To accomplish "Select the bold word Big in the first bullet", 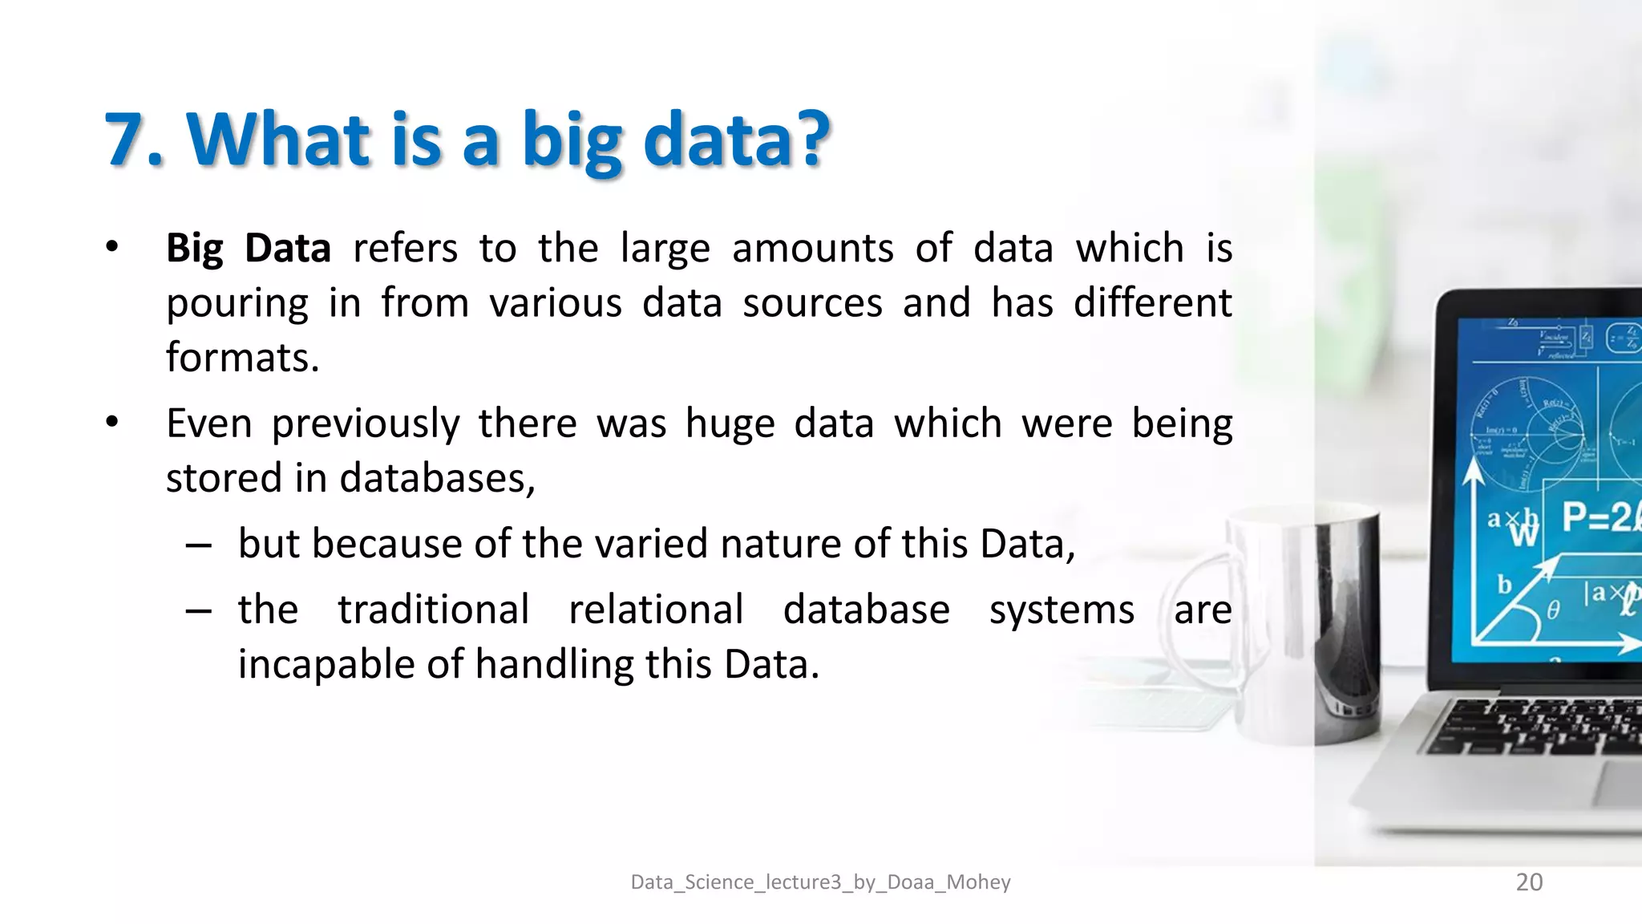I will pyautogui.click(x=194, y=249).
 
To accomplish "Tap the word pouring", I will pyautogui.click(x=237, y=304).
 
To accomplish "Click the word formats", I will pyautogui.click(x=242, y=358).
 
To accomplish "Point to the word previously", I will pyautogui.click(x=366, y=424).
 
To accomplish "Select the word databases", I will pyautogui.click(x=436, y=479).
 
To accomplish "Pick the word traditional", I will pyautogui.click(x=433, y=610).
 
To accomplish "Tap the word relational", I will pyautogui.click(x=656, y=610).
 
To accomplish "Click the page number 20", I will pyautogui.click(x=1529, y=882).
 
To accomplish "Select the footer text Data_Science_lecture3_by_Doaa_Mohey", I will pyautogui.click(x=820, y=882).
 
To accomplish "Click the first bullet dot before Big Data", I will pyautogui.click(x=112, y=247).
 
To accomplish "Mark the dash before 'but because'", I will pyautogui.click(x=198, y=546).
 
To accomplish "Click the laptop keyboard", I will pyautogui.click(x=1539, y=726).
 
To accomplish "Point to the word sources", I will pyautogui.click(x=812, y=304).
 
